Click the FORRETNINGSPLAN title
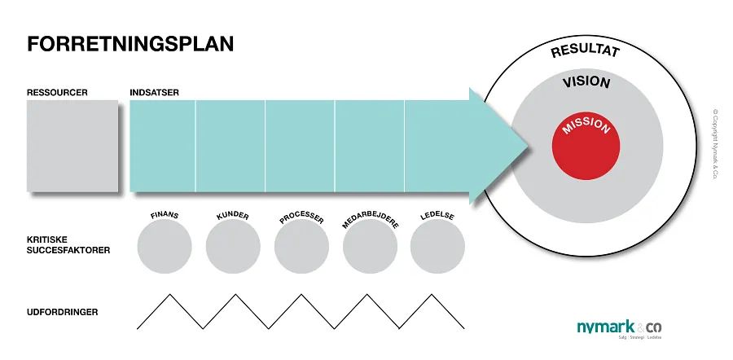point(130,44)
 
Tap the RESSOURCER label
point(57,92)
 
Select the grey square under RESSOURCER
point(72,147)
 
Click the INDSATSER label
point(155,92)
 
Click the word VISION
point(586,83)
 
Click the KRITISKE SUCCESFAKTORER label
point(68,245)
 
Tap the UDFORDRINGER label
point(63,312)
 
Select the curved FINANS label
point(165,216)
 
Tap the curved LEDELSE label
point(438,217)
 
